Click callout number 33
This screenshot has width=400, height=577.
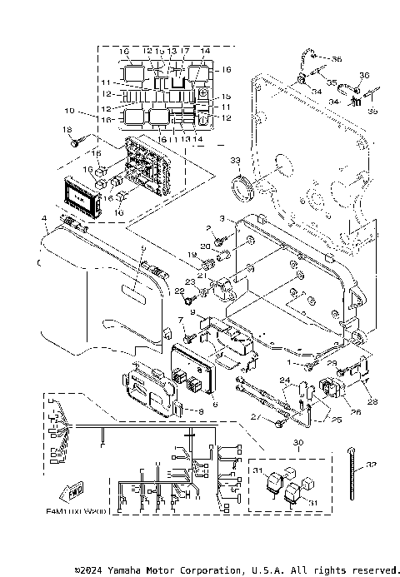click(235, 160)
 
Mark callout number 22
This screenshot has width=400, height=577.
click(178, 291)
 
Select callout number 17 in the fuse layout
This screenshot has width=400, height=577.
click(184, 51)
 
